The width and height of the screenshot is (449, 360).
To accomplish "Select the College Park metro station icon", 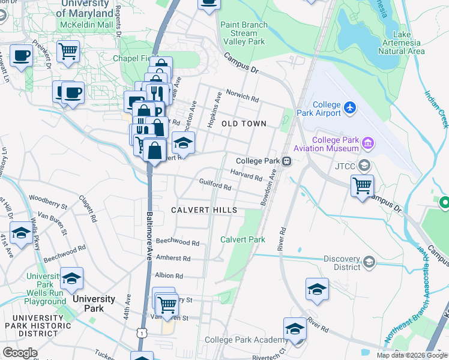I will point(288,161).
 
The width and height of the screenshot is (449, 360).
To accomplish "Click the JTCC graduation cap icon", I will point(363,165).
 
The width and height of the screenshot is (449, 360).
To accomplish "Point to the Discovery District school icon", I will point(369,262).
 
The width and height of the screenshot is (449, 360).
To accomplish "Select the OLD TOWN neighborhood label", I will point(244,124).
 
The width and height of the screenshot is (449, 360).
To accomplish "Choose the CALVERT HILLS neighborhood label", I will point(204,210).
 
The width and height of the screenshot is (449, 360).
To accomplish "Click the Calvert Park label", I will point(243,239).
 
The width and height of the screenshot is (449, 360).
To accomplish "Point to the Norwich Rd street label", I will point(242,95).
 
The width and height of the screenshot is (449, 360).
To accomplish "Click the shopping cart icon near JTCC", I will point(363,187).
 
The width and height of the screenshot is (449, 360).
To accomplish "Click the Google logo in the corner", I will point(19,353).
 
